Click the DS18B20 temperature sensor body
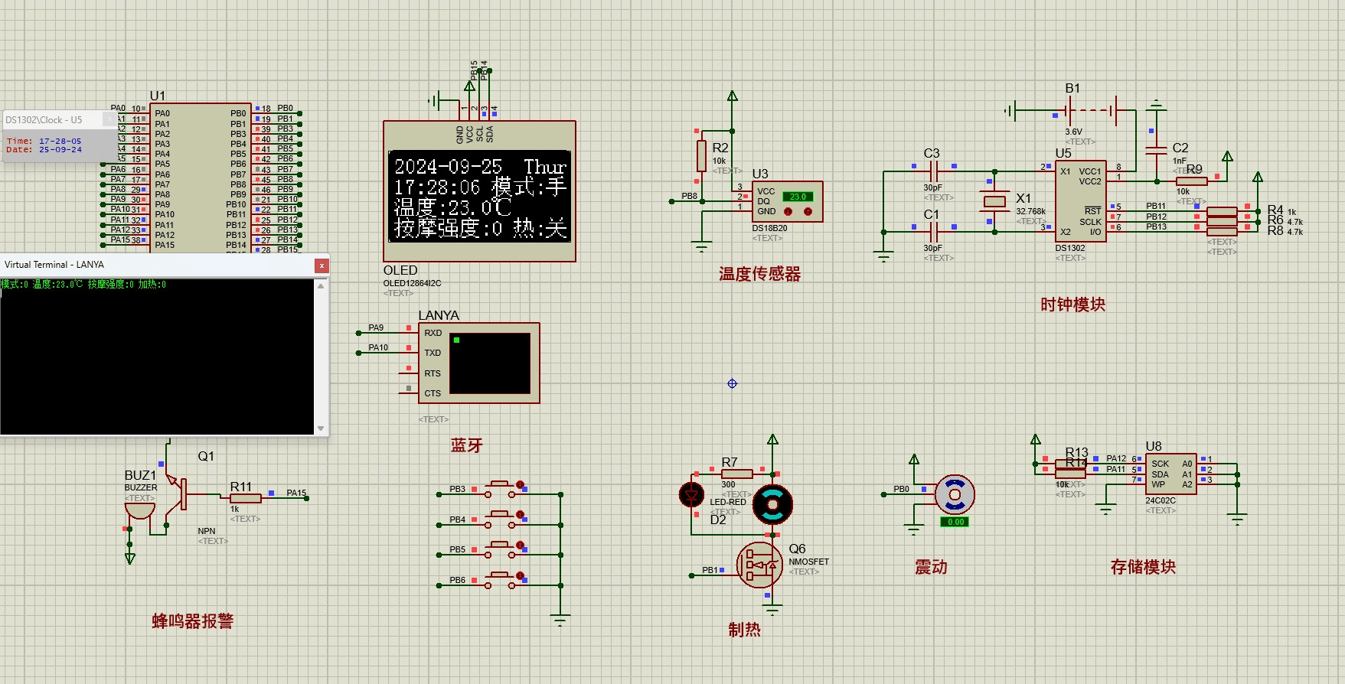pyautogui.click(x=786, y=202)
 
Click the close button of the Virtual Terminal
pyautogui.click(x=322, y=265)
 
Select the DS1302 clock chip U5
pyautogui.click(x=1079, y=200)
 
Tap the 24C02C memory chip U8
pyautogui.click(x=1170, y=474)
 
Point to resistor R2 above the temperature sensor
pyautogui.click(x=701, y=155)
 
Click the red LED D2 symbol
pyautogui.click(x=692, y=494)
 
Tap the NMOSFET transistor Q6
pyautogui.click(x=759, y=565)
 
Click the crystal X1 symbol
pyautogui.click(x=994, y=201)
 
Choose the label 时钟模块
pyautogui.click(x=1072, y=305)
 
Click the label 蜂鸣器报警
pyautogui.click(x=192, y=621)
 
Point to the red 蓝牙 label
pyautogui.click(x=466, y=445)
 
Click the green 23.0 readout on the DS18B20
pyautogui.click(x=798, y=197)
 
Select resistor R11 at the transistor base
pyautogui.click(x=245, y=498)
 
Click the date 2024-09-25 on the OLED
pyautogui.click(x=448, y=166)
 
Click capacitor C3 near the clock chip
pyautogui.click(x=932, y=171)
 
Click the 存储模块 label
pyautogui.click(x=1143, y=567)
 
